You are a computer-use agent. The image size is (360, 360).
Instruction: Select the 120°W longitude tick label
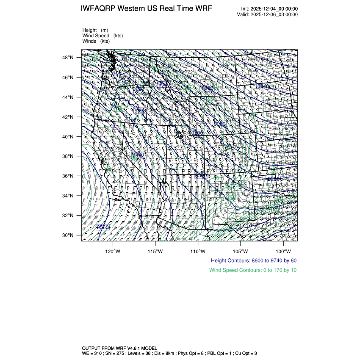pyautogui.click(x=113, y=250)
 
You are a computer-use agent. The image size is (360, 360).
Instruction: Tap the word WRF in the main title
pyautogui.click(x=204, y=9)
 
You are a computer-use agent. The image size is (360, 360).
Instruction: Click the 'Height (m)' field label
pyautogui.click(x=95, y=30)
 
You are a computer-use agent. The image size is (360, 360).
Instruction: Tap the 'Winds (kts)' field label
pyautogui.click(x=96, y=41)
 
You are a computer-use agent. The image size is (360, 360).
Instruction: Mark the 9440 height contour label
pyautogui.click(x=138, y=155)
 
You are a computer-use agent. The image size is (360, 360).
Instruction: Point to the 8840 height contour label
pyautogui.click(x=263, y=86)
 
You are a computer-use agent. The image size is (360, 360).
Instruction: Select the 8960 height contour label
pyautogui.click(x=208, y=88)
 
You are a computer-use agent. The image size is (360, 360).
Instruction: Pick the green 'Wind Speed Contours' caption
pyautogui.click(x=253, y=270)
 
